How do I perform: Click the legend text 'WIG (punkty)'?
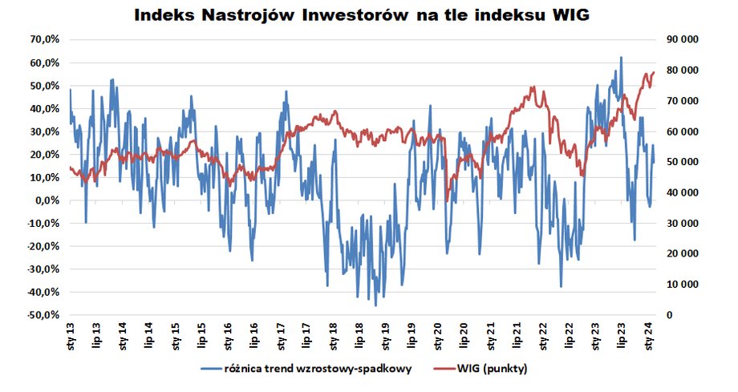[x=493, y=370]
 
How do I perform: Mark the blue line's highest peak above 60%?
[x=621, y=58]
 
